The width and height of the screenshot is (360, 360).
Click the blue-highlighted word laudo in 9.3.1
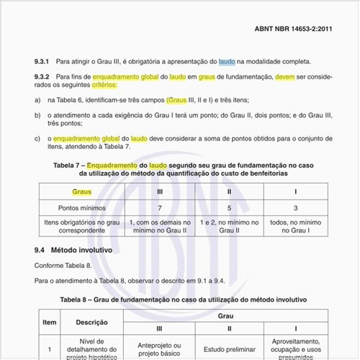pos(227,63)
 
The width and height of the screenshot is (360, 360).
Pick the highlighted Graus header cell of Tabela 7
pos(82,192)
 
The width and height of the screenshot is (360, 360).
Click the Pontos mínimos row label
pos(82,208)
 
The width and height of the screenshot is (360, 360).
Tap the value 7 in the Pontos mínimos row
pos(158,208)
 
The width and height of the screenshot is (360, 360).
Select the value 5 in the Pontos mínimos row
pos(228,208)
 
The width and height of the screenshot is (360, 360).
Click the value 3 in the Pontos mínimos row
pos(295,208)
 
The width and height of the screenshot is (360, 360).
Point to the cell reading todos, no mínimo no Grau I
pos(295,226)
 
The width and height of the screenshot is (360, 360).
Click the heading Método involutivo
pos(81,251)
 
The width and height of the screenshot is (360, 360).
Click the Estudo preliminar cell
pos(228,347)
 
